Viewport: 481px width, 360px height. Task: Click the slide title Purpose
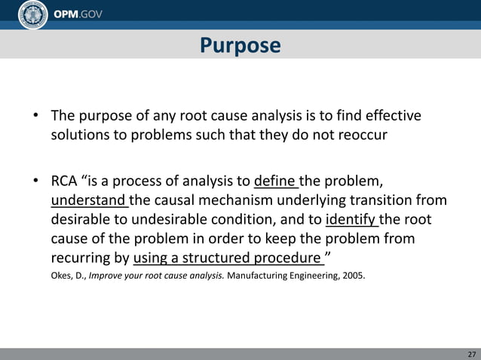click(x=240, y=46)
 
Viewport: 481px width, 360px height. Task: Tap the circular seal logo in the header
click(x=32, y=15)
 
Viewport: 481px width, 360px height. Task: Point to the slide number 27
click(x=471, y=354)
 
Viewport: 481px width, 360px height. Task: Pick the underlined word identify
click(x=351, y=220)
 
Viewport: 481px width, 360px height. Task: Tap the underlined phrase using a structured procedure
click(x=227, y=258)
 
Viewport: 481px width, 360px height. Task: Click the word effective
click(x=393, y=117)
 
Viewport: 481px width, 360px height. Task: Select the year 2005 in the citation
click(x=353, y=276)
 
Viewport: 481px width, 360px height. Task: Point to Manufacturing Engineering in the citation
click(x=280, y=276)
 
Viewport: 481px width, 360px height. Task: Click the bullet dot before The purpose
click(x=35, y=117)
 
